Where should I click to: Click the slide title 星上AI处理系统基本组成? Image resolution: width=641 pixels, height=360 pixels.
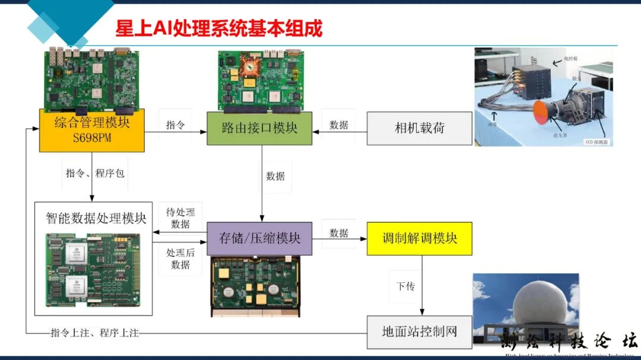(218, 28)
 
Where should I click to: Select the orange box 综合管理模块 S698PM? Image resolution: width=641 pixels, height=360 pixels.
(92, 130)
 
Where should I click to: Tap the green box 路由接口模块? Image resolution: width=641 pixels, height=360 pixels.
(259, 128)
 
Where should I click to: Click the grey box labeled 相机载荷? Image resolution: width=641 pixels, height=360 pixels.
(420, 128)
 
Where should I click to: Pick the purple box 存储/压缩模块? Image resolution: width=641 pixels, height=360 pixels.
(259, 238)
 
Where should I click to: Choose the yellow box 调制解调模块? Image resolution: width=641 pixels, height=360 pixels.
(419, 238)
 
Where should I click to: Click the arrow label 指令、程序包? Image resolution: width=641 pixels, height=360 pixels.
(95, 173)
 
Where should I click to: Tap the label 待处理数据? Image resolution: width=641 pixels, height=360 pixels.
(180, 218)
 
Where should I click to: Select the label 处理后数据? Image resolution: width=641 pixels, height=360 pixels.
(180, 259)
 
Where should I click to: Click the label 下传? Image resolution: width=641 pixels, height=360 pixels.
(405, 286)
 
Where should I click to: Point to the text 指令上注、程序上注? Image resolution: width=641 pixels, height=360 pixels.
(94, 333)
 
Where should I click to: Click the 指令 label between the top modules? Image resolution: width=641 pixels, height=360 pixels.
(175, 125)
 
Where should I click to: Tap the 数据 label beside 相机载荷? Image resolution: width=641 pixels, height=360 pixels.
(339, 125)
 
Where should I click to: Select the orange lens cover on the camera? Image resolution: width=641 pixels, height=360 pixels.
(542, 112)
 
